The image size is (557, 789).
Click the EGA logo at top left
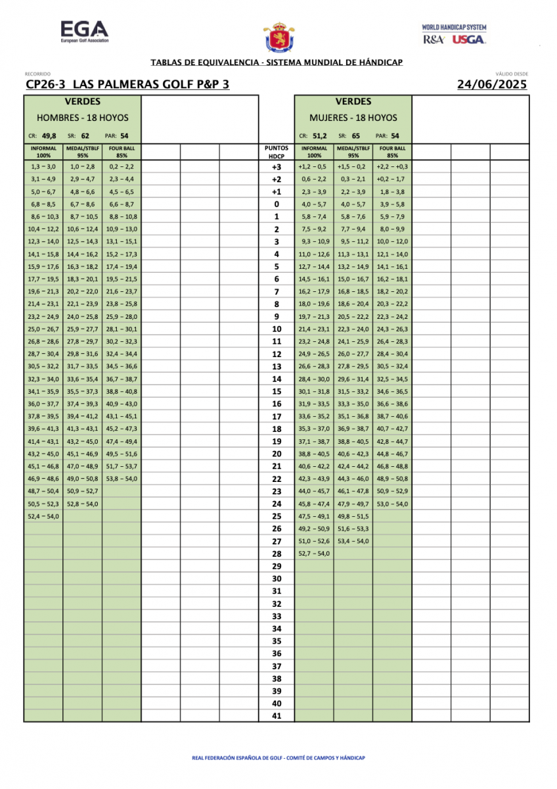pos(84,32)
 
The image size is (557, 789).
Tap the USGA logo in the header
pos(470,39)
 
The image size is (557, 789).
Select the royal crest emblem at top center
pos(278,37)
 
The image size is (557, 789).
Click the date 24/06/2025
pos(492,84)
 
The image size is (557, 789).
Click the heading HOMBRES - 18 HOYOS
pos(82,118)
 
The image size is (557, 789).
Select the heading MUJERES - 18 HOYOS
pos(353,118)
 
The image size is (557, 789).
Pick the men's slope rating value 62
pos(85,136)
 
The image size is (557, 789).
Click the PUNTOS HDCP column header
pos(277,152)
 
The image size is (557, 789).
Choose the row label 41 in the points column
pos(277,716)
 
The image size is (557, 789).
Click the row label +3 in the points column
pos(277,167)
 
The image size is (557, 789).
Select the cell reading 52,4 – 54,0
pos(43,516)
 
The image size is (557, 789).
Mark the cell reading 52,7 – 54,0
pos(314,554)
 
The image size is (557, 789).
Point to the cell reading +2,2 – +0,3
pos(392,167)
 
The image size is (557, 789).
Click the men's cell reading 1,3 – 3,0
pos(43,167)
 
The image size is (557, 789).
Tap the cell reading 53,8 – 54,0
pos(122,479)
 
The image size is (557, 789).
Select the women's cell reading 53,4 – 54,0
pos(353,541)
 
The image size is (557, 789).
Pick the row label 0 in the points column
pos(277,204)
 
